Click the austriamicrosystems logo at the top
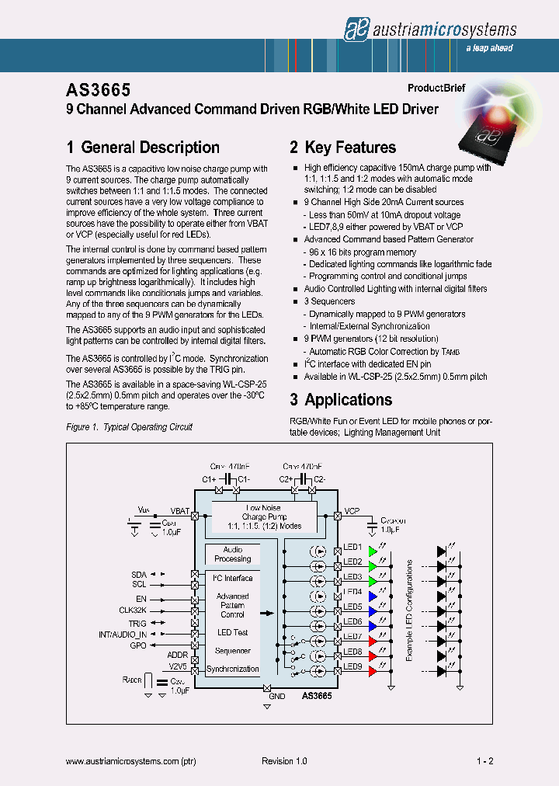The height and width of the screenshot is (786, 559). pyautogui.click(x=429, y=29)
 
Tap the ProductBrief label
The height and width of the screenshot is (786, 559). pyautogui.click(x=436, y=89)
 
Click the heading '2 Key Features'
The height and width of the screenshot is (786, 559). pyautogui.click(x=342, y=148)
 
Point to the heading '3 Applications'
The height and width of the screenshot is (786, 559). pyautogui.click(x=341, y=400)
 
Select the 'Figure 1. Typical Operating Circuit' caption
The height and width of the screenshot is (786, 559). pyautogui.click(x=129, y=427)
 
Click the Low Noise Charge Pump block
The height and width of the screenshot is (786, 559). pyautogui.click(x=264, y=516)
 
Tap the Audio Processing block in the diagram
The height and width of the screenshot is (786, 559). pyautogui.click(x=232, y=555)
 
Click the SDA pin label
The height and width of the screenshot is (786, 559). pyautogui.click(x=139, y=574)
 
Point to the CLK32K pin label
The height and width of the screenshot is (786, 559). pyautogui.click(x=133, y=611)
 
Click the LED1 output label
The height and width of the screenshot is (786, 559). pyautogui.click(x=352, y=548)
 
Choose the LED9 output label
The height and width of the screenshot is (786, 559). pyautogui.click(x=352, y=666)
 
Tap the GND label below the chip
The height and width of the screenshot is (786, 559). pyautogui.click(x=276, y=697)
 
